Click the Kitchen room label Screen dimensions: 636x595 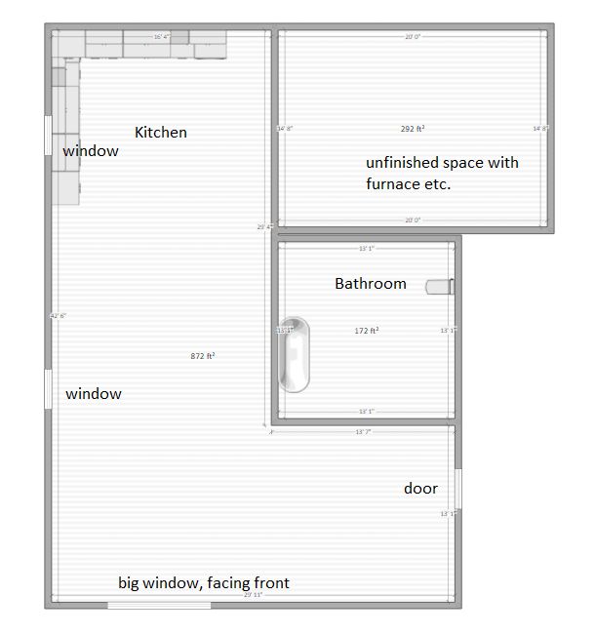[x=161, y=132]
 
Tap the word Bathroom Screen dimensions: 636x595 [x=371, y=284]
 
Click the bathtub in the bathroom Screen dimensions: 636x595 [x=295, y=353]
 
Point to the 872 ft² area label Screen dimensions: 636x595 [x=202, y=356]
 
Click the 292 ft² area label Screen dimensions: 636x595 [x=413, y=128]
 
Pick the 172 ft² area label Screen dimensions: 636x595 [x=367, y=331]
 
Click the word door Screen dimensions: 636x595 [x=420, y=489]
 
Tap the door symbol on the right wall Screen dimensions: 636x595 [x=457, y=488]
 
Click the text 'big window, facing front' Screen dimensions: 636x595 [x=204, y=583]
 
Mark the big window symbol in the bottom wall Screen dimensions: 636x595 [x=159, y=605]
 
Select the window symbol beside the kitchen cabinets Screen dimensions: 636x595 [x=47, y=135]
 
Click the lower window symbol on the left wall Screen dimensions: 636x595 [x=47, y=388]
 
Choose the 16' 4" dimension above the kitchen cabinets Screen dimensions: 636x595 [x=162, y=37]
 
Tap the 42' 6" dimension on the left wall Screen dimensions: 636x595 [x=59, y=316]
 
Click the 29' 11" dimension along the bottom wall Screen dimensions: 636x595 [x=254, y=594]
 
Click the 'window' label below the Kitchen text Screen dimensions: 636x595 [x=91, y=151]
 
